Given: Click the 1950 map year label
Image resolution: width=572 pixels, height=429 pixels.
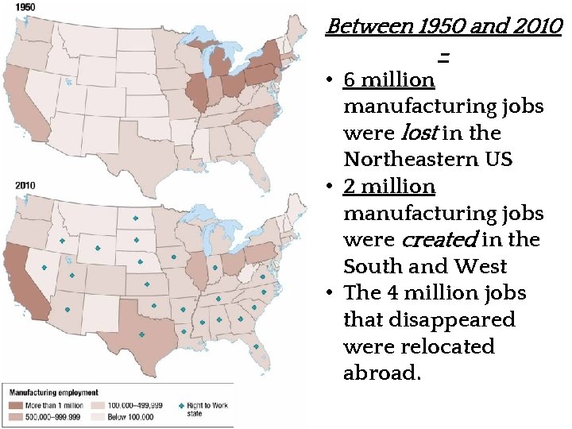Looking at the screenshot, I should pos(16,6).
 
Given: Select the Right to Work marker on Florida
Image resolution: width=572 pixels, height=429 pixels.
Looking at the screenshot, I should pos(256,346).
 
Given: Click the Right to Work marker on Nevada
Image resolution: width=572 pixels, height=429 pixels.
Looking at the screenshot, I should pos(44,268).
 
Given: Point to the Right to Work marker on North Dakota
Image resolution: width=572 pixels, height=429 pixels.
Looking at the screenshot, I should pos(134,218).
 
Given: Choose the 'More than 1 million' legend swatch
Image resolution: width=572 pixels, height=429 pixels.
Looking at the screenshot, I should pos(15,405).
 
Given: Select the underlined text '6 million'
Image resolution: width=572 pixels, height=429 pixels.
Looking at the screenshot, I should pos(389,80).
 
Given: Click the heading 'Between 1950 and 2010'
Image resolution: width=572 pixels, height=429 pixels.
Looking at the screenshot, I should pos(444,27).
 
